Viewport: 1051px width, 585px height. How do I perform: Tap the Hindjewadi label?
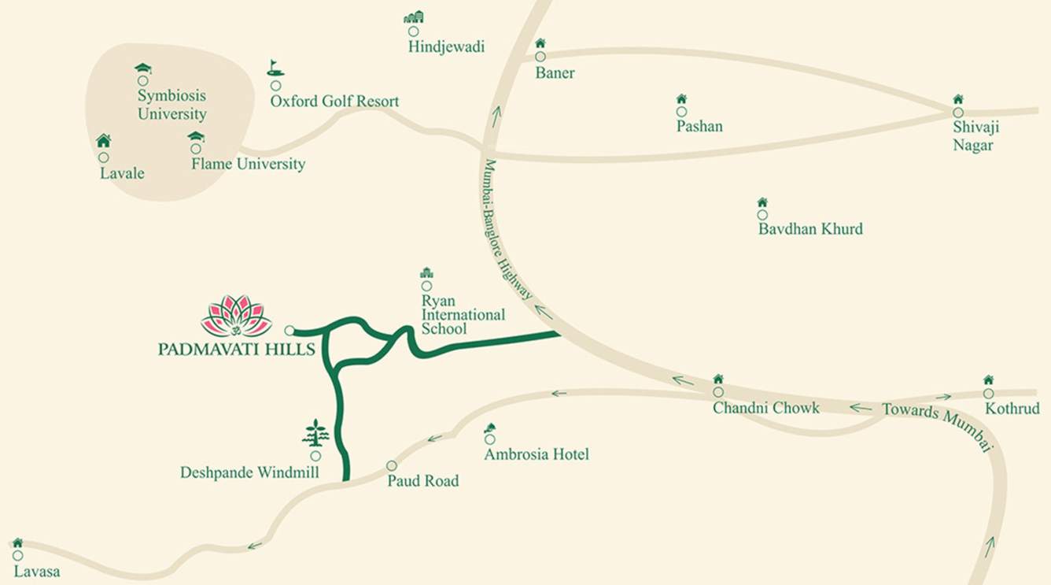[446, 47]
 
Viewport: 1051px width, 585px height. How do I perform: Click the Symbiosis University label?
[171, 105]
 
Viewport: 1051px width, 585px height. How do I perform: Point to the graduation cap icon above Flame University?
[196, 136]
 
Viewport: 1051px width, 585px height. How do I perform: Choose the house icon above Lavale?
[103, 141]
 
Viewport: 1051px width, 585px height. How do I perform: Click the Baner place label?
[555, 73]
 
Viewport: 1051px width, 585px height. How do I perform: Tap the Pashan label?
[699, 126]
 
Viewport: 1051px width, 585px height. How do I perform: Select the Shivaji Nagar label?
[975, 136]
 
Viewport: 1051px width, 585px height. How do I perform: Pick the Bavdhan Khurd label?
[810, 229]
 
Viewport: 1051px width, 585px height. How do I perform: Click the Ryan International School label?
[463, 314]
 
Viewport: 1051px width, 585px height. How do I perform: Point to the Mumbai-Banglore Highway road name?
[507, 229]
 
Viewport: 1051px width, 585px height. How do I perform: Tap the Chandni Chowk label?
[765, 408]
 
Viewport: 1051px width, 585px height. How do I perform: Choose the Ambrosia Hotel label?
[537, 454]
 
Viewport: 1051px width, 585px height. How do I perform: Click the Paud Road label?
[422, 480]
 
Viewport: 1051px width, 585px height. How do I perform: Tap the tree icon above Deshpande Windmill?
[315, 433]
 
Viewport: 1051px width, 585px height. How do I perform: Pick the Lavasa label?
[36, 572]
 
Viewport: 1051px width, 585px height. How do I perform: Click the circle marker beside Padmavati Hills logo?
[289, 331]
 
